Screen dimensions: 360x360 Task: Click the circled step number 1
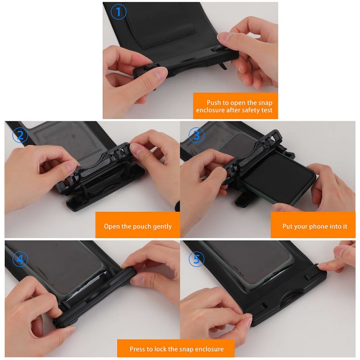(x=119, y=12)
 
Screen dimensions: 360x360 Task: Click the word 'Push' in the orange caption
(x=215, y=103)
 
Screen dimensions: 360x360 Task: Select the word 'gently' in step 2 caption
(x=161, y=227)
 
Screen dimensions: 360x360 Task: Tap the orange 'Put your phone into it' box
(x=314, y=226)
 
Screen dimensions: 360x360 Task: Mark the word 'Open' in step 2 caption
(x=112, y=227)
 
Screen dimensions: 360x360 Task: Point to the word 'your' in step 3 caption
(x=301, y=227)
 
